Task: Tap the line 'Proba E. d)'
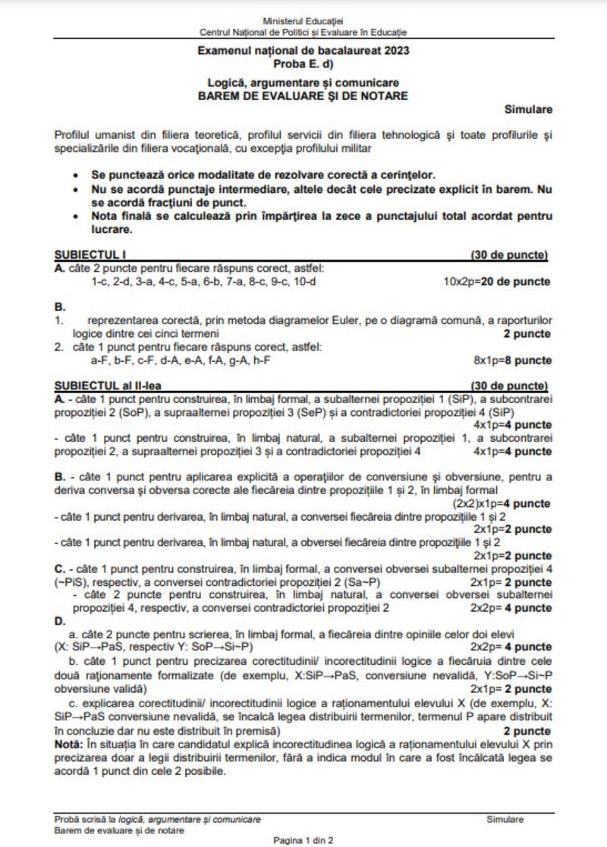click(x=303, y=62)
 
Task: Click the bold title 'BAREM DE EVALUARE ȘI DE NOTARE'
click(x=303, y=96)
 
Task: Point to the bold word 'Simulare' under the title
click(x=528, y=110)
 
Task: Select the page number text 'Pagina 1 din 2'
click(x=303, y=840)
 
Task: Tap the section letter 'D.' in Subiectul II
click(x=61, y=621)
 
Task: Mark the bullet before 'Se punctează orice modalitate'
click(x=75, y=175)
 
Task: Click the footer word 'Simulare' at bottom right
click(x=505, y=820)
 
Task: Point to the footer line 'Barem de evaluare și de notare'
click(x=119, y=830)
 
